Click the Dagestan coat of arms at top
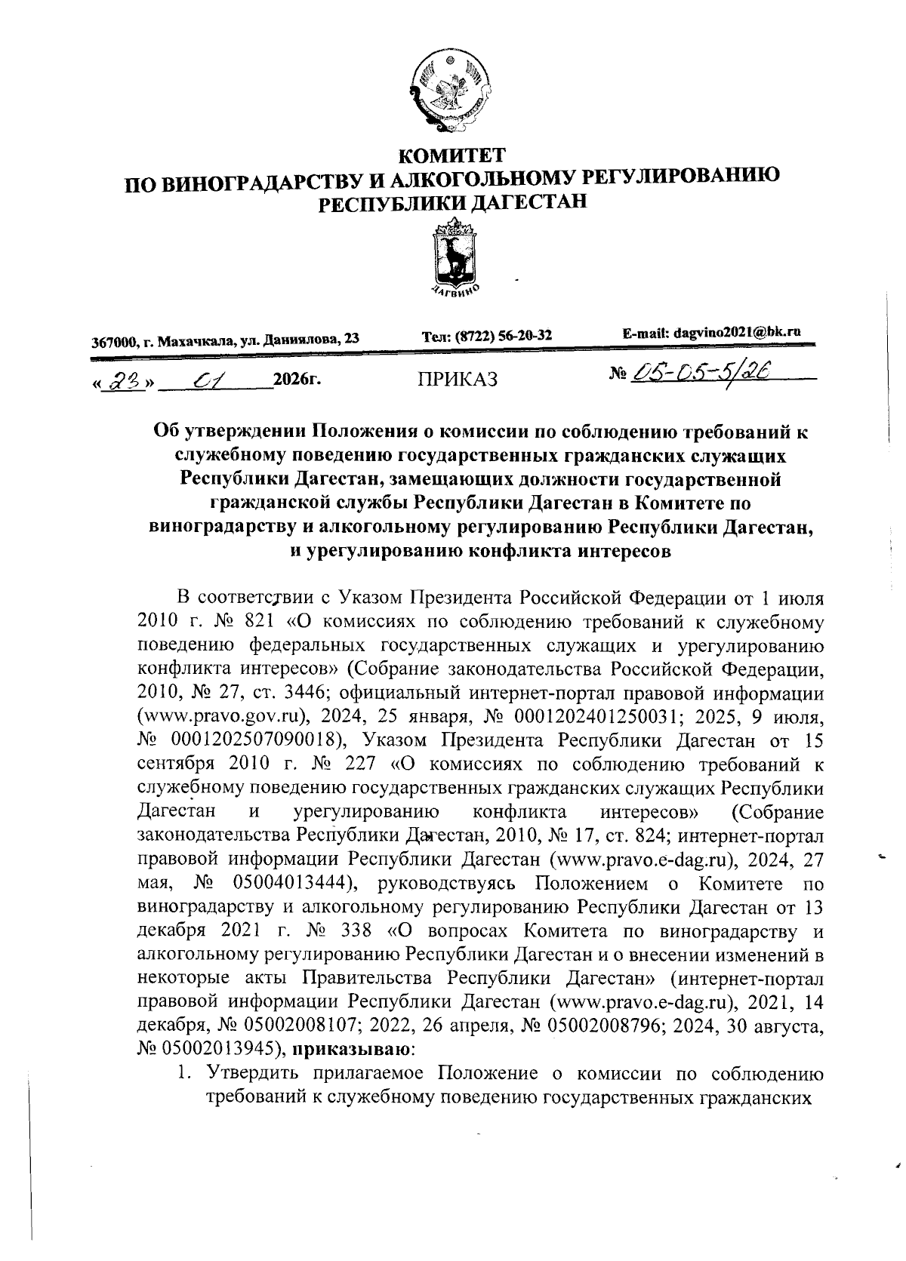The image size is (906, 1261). click(452, 92)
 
